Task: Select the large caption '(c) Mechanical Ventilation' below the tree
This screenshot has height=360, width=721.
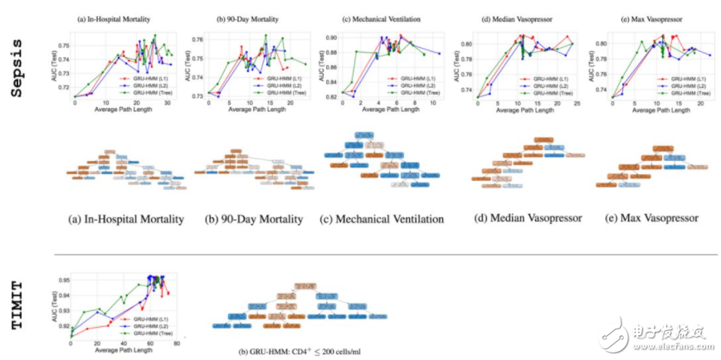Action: pyautogui.click(x=382, y=220)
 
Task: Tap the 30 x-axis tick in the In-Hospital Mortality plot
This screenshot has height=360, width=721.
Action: pyautogui.click(x=168, y=104)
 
